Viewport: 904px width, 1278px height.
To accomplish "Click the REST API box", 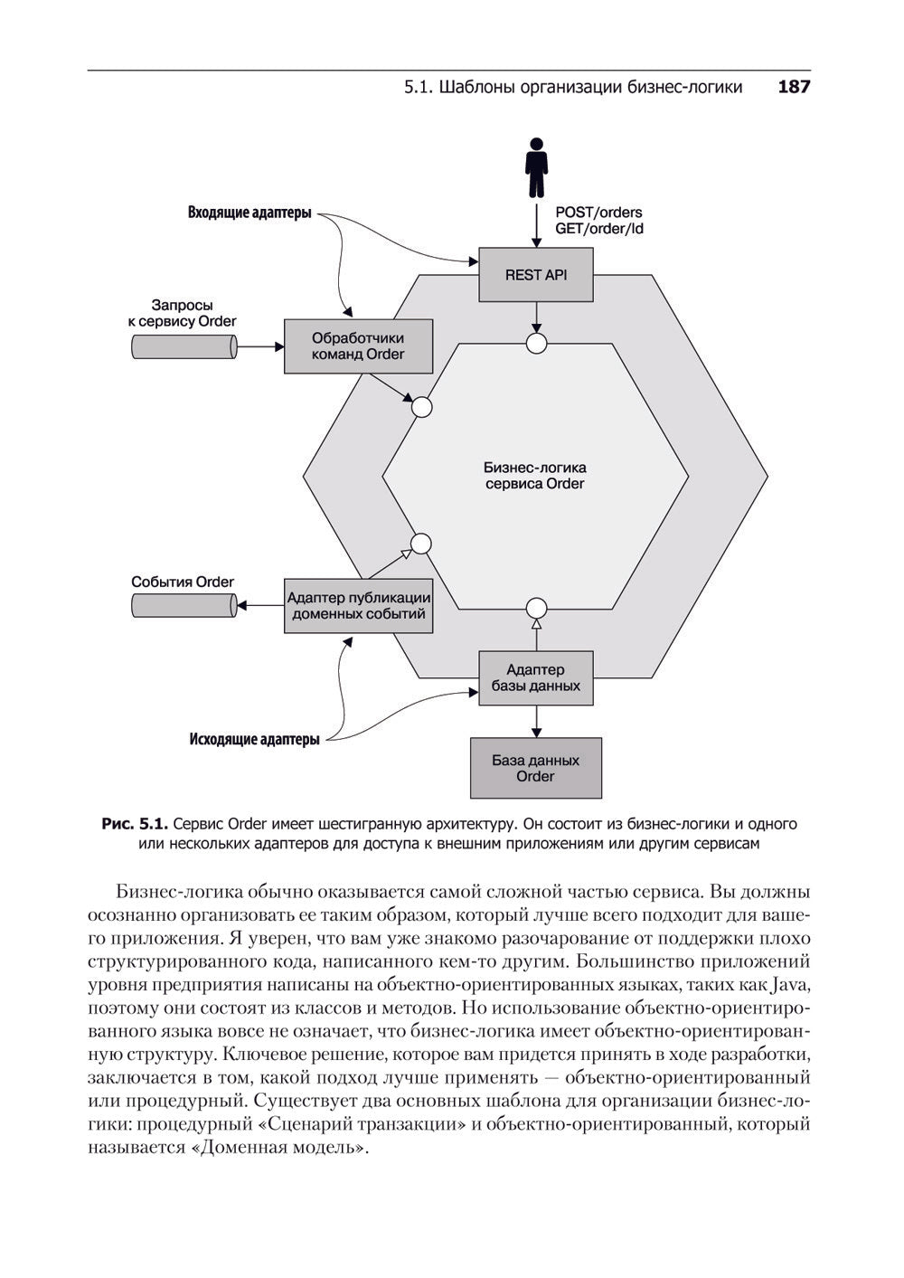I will [x=535, y=275].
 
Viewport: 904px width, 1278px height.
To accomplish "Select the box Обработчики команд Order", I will [x=358, y=346].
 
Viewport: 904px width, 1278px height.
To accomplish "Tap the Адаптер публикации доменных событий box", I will [x=358, y=606].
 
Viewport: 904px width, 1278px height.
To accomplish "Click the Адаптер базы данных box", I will [x=535, y=677].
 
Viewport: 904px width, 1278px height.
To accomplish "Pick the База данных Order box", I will [x=535, y=768].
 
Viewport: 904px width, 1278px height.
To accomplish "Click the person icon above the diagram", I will [x=536, y=167].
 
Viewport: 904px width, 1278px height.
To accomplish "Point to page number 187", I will [x=793, y=87].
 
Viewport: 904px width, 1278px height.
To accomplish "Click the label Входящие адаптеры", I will [x=250, y=213].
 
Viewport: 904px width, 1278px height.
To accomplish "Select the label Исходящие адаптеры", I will [x=254, y=739].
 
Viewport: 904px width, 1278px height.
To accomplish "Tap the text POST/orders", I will [x=598, y=213].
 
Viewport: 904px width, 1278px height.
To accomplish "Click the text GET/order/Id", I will [x=599, y=229].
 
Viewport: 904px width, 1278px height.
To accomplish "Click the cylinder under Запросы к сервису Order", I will [x=184, y=346].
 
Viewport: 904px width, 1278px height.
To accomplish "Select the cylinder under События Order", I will [x=184, y=605].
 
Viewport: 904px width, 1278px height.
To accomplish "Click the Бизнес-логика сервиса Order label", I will [x=534, y=476].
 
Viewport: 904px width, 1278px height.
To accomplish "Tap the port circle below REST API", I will [x=537, y=343].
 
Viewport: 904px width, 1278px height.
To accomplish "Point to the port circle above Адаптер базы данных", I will [x=537, y=607].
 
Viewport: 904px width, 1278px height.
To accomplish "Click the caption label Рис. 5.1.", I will [x=135, y=824].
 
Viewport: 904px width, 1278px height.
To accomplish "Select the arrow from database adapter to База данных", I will [x=537, y=721].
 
